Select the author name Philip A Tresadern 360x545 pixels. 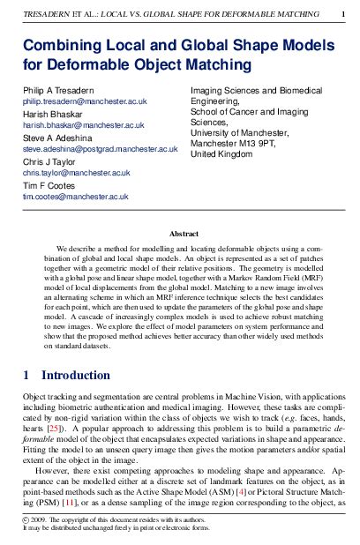click(61, 91)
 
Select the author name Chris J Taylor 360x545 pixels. click(51, 162)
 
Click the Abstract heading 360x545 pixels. click(184, 234)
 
